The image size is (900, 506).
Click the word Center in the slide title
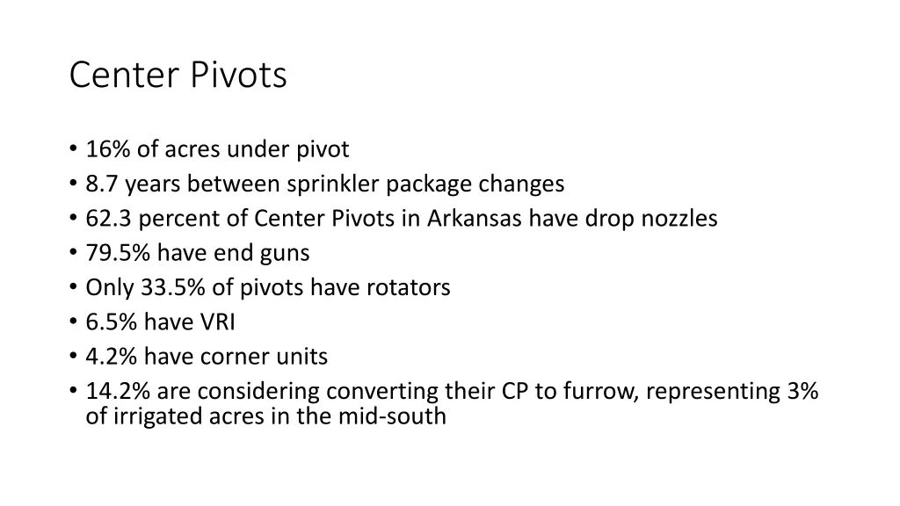(x=126, y=76)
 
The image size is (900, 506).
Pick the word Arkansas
(x=475, y=219)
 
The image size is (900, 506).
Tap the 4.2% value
(x=111, y=357)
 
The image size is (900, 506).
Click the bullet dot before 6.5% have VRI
(x=72, y=322)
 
